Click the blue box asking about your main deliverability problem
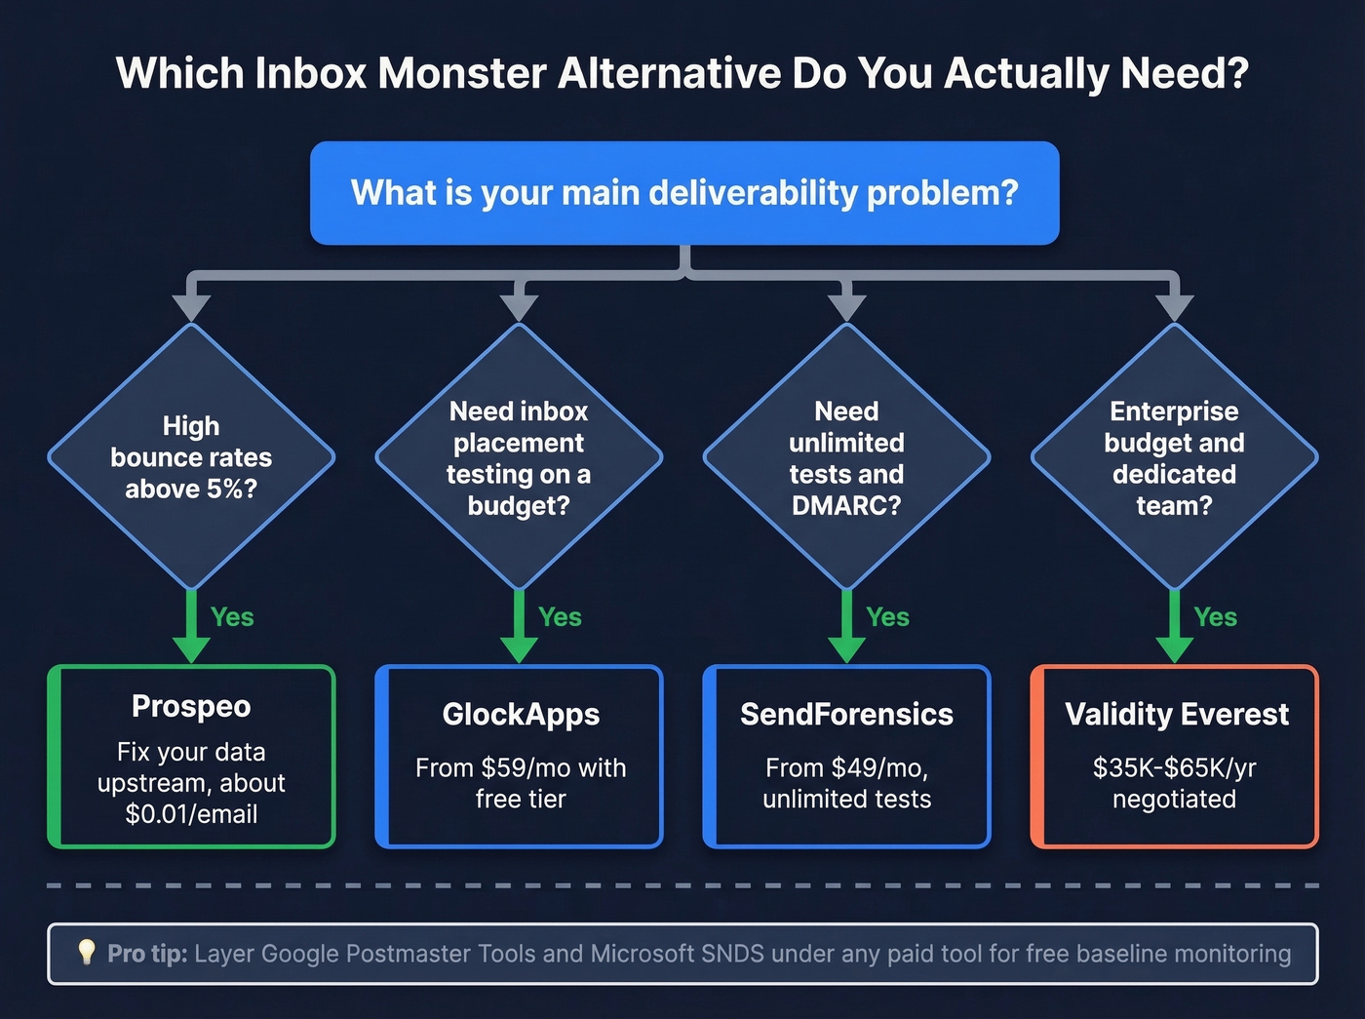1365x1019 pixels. (x=684, y=193)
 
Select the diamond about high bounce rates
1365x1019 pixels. (x=191, y=456)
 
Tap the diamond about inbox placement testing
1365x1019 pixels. (x=519, y=456)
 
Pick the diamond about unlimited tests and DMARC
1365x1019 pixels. (x=846, y=456)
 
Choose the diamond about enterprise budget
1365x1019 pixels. (x=1174, y=456)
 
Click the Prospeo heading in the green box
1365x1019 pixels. (x=191, y=706)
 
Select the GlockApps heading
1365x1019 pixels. (x=521, y=714)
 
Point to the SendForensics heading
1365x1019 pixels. (x=846, y=714)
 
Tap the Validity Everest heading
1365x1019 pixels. (x=1176, y=714)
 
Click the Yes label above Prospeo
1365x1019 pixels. (x=232, y=617)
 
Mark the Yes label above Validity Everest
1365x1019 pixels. (x=1215, y=617)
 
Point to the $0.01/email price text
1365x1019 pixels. (x=191, y=814)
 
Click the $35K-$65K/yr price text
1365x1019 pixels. (x=1174, y=767)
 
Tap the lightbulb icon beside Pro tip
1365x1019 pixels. (x=86, y=952)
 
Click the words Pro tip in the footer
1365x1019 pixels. (x=147, y=954)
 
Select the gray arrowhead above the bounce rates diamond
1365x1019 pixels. (x=191, y=306)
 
